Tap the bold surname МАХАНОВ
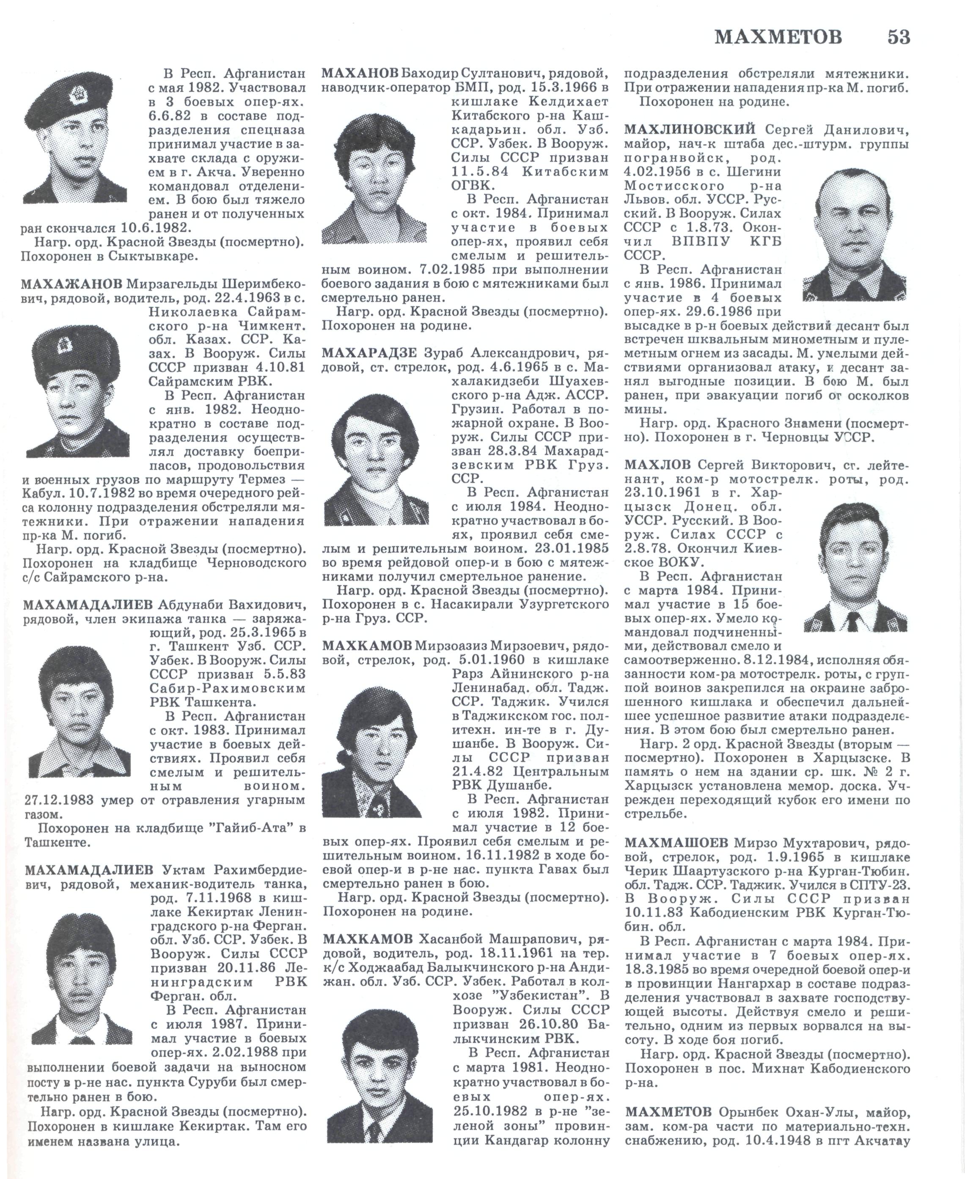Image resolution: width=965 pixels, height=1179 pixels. tap(360, 73)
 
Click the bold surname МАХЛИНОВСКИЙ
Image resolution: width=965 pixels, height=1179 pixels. tap(689, 130)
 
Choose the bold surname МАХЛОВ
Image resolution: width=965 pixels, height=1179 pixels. tap(657, 465)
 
